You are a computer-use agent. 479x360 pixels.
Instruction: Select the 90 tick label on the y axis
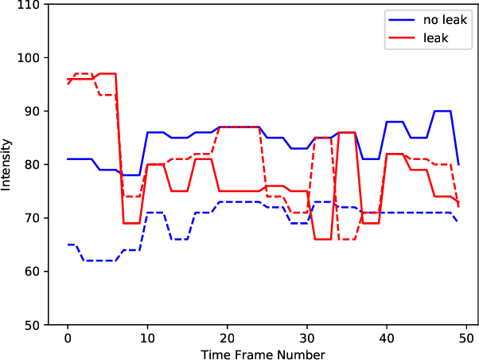coord(35,112)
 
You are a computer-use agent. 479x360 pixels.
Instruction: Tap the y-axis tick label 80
coord(35,165)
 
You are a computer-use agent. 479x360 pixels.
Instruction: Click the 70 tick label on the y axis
coord(35,218)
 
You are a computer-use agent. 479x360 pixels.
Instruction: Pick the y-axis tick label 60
coord(35,272)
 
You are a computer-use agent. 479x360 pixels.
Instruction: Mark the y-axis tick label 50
coord(35,325)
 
